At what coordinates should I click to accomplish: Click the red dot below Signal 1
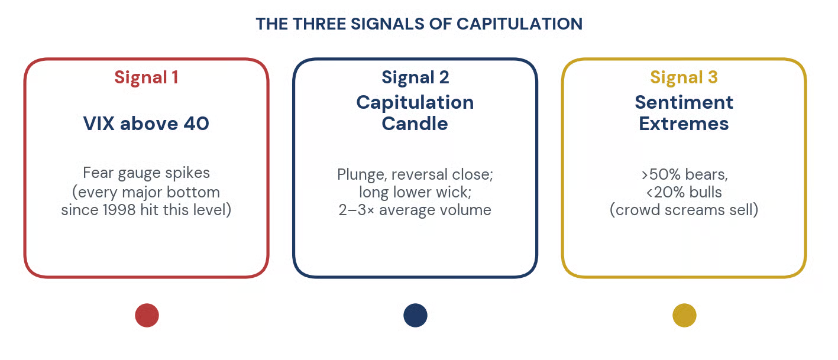point(147,315)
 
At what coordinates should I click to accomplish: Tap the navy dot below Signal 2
point(415,315)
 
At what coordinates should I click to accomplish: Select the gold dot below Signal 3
point(684,315)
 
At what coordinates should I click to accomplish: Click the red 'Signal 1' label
point(146,77)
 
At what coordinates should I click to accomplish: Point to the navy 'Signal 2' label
point(415,77)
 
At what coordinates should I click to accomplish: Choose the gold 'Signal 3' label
point(684,77)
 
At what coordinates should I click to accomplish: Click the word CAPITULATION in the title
point(519,24)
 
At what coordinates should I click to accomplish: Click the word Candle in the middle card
point(415,124)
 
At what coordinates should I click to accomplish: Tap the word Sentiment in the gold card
point(684,102)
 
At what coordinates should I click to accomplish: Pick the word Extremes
point(684,124)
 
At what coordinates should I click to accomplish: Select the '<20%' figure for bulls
point(665,192)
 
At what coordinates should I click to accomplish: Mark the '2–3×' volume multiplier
point(356,210)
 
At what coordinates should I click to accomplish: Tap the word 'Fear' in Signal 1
point(98,173)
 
